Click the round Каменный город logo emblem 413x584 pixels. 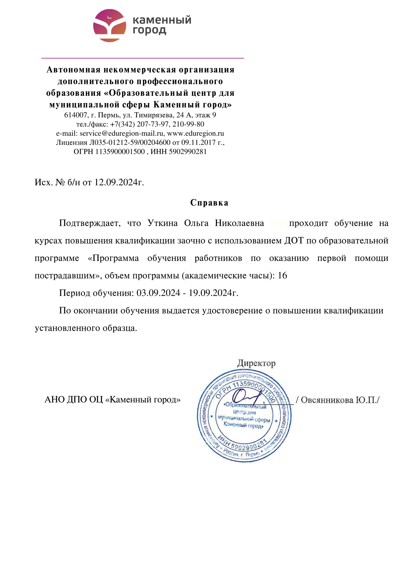point(110,26)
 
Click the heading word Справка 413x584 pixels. point(209,203)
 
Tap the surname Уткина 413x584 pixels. point(162,223)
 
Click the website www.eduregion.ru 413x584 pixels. point(195,133)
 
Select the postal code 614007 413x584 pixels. point(75,115)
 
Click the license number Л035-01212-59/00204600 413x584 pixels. point(130,142)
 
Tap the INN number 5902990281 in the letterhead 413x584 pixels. point(188,152)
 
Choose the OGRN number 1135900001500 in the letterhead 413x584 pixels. point(120,152)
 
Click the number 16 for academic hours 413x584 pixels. point(283,276)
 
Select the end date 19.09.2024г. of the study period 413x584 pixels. point(213,293)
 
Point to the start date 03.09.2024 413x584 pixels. point(158,293)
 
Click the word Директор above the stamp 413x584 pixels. point(256,363)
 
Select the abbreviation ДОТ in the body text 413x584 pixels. point(294,240)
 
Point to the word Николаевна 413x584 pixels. point(239,223)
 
